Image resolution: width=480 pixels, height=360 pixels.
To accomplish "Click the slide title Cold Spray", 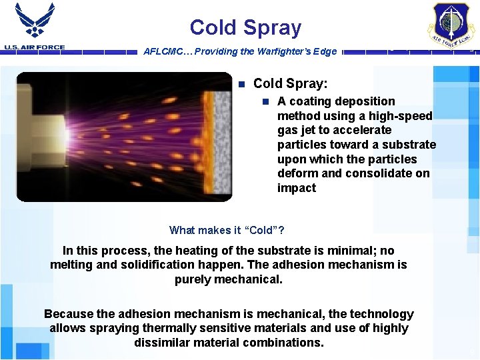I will [245, 27].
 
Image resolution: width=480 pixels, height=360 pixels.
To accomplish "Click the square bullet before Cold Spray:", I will [241, 84].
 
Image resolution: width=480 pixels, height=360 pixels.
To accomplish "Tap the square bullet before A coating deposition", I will [265, 102].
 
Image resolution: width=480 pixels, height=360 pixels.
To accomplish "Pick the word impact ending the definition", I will [297, 188].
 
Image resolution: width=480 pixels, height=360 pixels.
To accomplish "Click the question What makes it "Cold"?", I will [227, 230].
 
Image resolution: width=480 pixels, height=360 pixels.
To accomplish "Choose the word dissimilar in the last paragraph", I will [162, 342].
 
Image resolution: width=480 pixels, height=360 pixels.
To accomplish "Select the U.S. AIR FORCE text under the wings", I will [34, 47].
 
